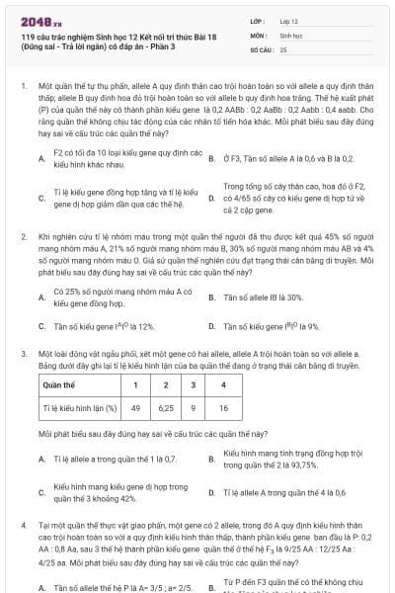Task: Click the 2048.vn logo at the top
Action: pyautogui.click(x=38, y=20)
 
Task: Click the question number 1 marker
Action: pyautogui.click(x=23, y=87)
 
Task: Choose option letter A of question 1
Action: pyautogui.click(x=41, y=158)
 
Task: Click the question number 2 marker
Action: pyautogui.click(x=23, y=238)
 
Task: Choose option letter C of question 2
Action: pyautogui.click(x=41, y=326)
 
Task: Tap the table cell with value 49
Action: pyautogui.click(x=135, y=406)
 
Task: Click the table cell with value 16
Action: pyautogui.click(x=223, y=406)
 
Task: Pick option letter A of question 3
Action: pyautogui.click(x=41, y=460)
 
